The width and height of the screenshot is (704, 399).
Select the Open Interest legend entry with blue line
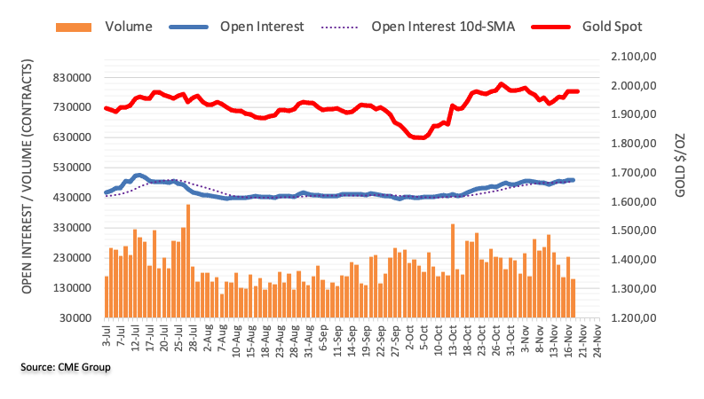pos(263,26)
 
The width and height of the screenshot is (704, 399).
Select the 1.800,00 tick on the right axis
pos(630,144)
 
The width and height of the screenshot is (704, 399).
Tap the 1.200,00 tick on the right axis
pos(630,317)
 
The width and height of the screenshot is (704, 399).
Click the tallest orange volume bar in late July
pos(188,261)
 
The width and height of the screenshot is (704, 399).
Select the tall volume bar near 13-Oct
pos(453,270)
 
